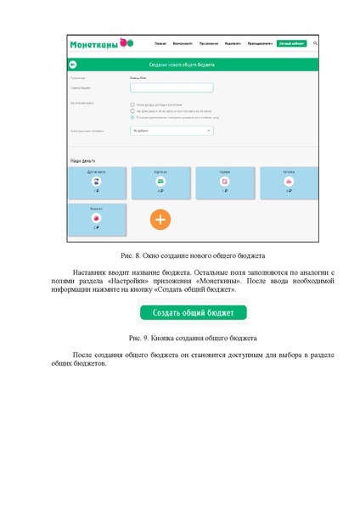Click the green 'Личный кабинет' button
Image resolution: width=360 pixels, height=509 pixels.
pos(291,42)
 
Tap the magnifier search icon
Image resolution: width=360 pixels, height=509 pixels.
pos(316,42)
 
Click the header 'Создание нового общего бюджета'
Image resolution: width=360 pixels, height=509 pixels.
pos(182,64)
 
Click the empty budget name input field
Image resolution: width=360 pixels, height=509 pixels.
pos(172,87)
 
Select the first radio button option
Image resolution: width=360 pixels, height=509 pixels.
pos(132,104)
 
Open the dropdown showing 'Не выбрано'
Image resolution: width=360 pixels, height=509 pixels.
pos(172,131)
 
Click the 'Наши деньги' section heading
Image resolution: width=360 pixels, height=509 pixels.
pos(82,160)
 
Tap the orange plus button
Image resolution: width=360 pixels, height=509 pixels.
pos(160,219)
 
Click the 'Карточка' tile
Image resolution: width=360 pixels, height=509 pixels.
pos(160,182)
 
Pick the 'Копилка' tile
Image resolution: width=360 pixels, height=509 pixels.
pos(289,182)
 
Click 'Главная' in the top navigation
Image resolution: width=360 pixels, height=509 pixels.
pos(160,42)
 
